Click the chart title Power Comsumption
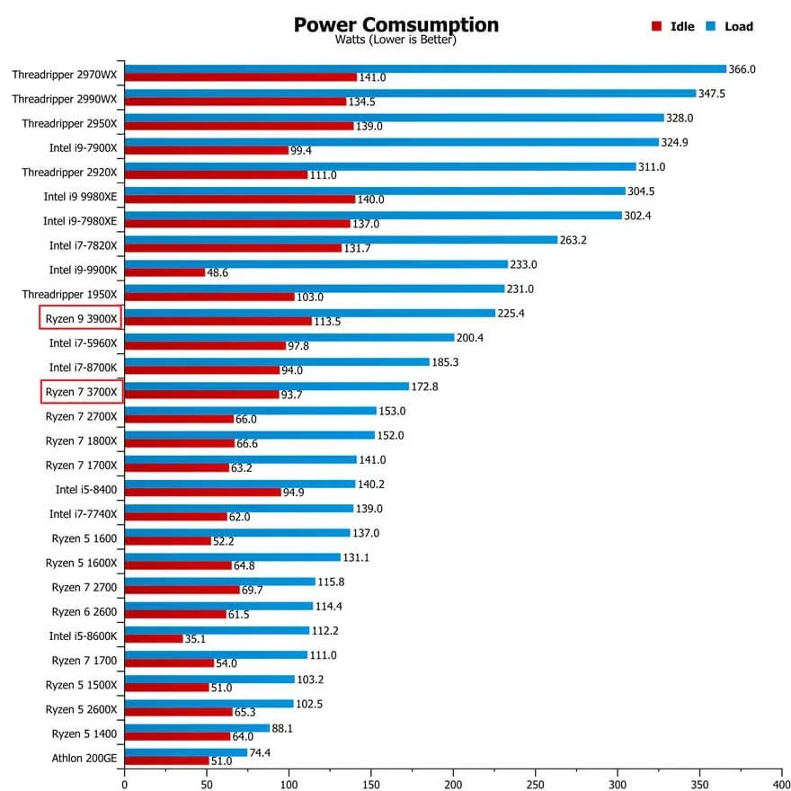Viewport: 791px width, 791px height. coord(395,24)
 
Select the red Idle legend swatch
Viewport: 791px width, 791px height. coord(657,27)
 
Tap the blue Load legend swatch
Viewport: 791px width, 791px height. coord(709,27)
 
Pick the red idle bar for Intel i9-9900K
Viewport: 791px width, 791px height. coord(164,272)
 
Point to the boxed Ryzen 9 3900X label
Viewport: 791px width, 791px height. coord(81,318)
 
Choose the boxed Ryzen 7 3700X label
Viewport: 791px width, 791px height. coord(81,392)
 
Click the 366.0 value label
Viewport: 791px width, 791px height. coord(742,69)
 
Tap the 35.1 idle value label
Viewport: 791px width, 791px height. coord(196,639)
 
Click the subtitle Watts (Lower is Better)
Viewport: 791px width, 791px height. coord(395,40)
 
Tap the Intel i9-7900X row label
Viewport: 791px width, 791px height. coord(84,147)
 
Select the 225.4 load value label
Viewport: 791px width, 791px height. coord(513,314)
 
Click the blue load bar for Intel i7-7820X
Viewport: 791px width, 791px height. coord(342,240)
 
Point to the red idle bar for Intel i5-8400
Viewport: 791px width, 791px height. coord(202,493)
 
